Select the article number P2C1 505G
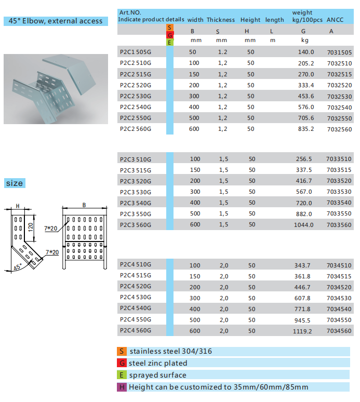[135, 52]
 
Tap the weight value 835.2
[305, 129]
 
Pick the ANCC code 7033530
[339, 192]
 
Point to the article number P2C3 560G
[135, 225]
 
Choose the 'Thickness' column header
[221, 20]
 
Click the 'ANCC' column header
[336, 20]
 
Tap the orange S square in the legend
[121, 352]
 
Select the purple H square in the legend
[121, 387]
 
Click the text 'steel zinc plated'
[158, 364]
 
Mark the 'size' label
[15, 183]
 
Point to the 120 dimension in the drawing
[30, 226]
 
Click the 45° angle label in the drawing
[18, 267]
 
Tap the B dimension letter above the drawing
[84, 205]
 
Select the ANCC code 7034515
[339, 276]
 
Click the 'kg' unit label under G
[305, 40]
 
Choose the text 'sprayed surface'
[157, 375]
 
